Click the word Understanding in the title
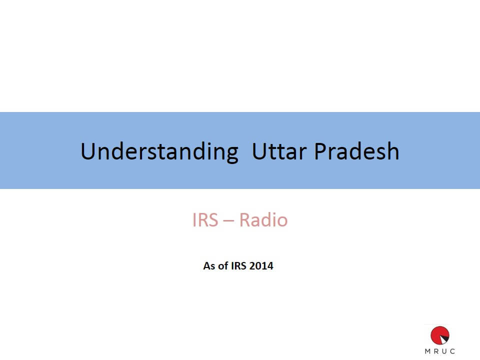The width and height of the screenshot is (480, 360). click(159, 152)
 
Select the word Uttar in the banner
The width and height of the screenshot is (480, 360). click(279, 151)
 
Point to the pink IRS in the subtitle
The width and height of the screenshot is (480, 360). click(205, 220)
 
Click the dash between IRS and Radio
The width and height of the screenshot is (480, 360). click(228, 221)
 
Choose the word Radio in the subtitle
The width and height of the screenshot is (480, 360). click(263, 219)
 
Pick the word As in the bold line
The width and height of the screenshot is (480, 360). click(209, 265)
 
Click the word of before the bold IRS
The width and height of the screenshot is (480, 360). click(223, 265)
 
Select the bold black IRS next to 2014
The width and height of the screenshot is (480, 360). click(239, 265)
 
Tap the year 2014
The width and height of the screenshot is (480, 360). click(261, 265)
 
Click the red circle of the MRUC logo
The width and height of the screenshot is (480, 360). click(440, 335)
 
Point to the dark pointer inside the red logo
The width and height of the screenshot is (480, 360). click(443, 339)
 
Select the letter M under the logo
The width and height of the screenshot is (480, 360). click(427, 351)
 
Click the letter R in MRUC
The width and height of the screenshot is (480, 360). click(436, 351)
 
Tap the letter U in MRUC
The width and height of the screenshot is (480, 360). click(444, 351)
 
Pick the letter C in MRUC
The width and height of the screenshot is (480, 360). click(452, 351)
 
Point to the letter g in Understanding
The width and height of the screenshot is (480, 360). click(231, 154)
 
